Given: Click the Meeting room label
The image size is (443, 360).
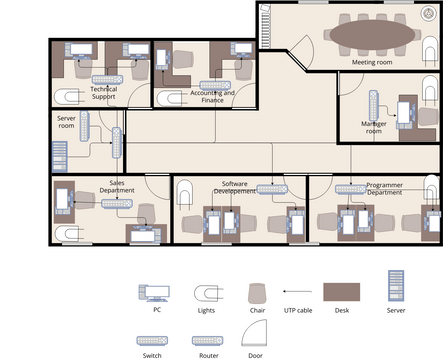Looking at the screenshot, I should click(372, 62).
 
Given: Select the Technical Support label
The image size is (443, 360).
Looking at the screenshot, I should click(104, 93).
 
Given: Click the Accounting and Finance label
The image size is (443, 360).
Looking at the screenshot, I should click(212, 96).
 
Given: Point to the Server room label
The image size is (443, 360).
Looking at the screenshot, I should click(66, 121).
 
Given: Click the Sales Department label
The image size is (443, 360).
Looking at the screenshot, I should click(117, 186).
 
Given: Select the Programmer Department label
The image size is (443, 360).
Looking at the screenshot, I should click(384, 188).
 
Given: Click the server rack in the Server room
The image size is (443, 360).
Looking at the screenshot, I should click(59, 156).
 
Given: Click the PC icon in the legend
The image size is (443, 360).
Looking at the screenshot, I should click(156, 293).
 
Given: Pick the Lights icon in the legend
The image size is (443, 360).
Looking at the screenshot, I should click(206, 293).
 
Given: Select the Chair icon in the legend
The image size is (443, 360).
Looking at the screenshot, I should click(256, 293).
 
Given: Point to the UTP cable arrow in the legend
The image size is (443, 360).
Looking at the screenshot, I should click(297, 293).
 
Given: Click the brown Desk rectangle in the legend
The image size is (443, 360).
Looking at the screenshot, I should click(343, 293).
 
